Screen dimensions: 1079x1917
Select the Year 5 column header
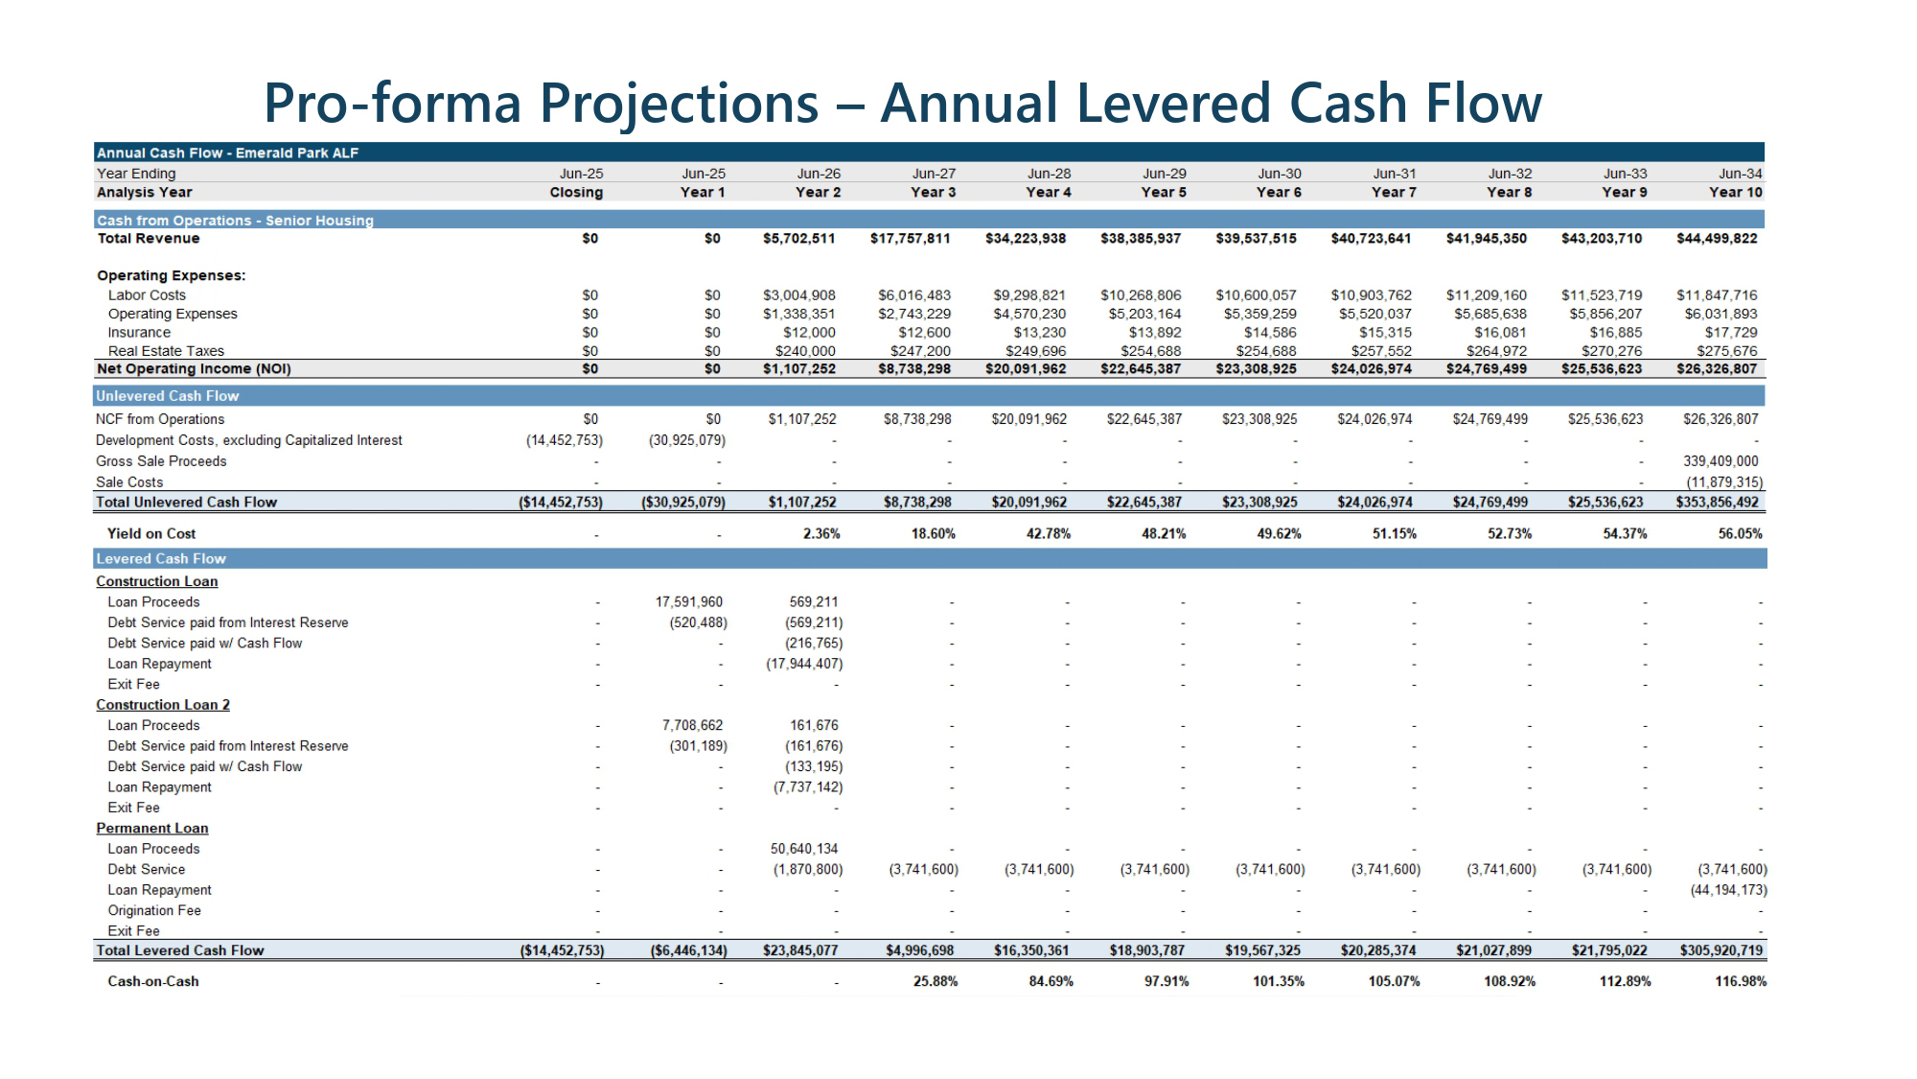(x=1164, y=192)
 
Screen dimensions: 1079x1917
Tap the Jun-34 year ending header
(x=1740, y=174)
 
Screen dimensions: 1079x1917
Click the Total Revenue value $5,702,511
(x=798, y=238)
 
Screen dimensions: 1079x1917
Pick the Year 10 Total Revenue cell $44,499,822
(x=1717, y=238)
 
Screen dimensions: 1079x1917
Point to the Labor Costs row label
(x=147, y=295)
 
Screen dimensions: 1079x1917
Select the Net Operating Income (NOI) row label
(x=194, y=369)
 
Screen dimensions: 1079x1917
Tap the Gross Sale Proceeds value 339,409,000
(x=1721, y=461)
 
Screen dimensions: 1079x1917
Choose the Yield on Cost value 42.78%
(x=1048, y=533)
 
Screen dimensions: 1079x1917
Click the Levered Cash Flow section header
(x=161, y=558)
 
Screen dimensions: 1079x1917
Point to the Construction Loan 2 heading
(x=163, y=705)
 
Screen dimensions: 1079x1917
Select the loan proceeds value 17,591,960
(x=688, y=602)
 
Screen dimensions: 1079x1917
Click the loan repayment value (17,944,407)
(x=804, y=664)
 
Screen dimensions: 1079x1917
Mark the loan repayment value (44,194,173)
(x=1728, y=890)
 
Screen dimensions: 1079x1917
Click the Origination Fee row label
(x=154, y=911)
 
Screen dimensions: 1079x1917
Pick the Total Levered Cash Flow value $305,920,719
(x=1721, y=950)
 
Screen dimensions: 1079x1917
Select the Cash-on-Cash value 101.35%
(x=1278, y=981)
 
